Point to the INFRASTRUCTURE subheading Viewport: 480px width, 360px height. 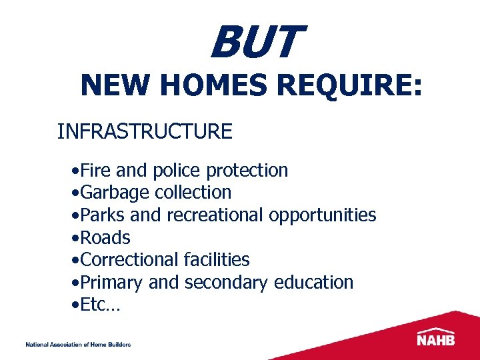coord(145,131)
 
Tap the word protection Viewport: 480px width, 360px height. coord(247,171)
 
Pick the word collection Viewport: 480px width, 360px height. coord(193,193)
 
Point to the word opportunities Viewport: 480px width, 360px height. coord(323,215)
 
